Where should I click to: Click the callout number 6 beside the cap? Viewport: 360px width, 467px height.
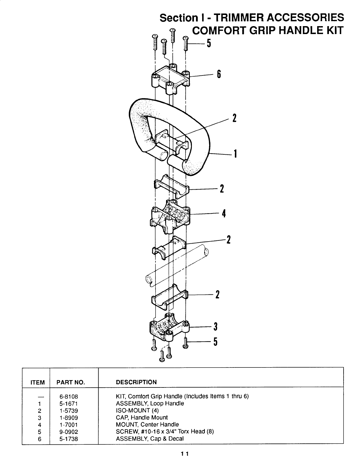[x=219, y=74]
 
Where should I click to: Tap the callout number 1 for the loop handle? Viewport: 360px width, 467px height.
[x=235, y=154]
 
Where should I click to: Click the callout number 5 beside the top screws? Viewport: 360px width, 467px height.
[x=209, y=43]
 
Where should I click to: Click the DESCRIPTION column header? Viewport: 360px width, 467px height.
[x=136, y=382]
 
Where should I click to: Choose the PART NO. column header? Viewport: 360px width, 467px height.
[x=71, y=382]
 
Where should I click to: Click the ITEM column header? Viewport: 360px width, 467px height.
[x=38, y=382]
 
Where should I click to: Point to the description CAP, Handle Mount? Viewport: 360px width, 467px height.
[x=142, y=417]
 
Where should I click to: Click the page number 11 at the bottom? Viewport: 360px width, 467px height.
[x=185, y=454]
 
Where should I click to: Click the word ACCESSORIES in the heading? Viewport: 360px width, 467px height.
[x=305, y=17]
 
